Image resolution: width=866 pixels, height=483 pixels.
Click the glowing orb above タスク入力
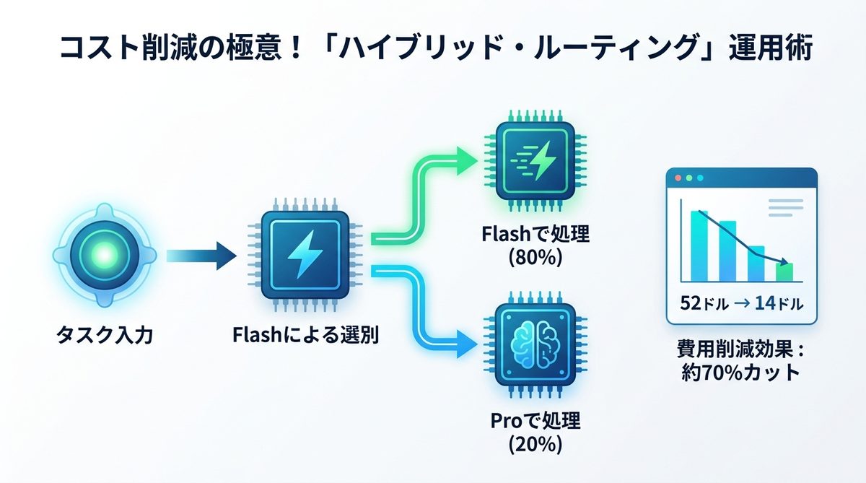point(104,254)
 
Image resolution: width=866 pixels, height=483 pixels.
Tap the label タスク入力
point(105,335)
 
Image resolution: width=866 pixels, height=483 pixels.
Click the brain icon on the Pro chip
point(535,344)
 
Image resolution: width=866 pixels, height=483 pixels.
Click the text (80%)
point(535,258)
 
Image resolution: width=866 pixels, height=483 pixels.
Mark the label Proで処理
point(535,422)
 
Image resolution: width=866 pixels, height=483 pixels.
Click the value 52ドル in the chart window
point(704,303)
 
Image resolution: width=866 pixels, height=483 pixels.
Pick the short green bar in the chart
point(784,272)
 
